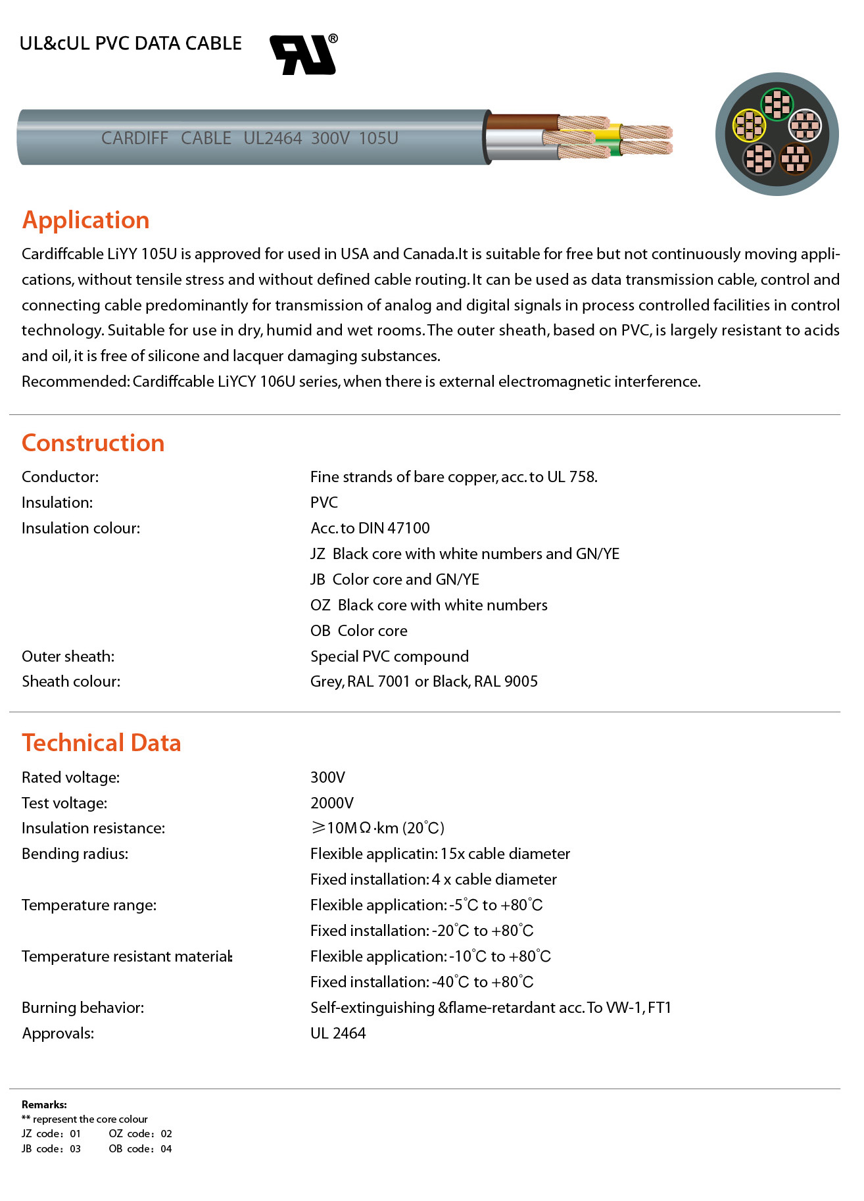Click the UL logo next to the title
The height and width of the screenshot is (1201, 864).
[x=304, y=55]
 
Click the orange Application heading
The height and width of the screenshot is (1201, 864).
[x=86, y=220]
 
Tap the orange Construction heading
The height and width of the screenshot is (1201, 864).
[x=93, y=443]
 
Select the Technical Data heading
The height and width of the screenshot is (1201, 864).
[x=101, y=743]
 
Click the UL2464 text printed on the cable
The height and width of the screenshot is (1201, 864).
[x=272, y=138]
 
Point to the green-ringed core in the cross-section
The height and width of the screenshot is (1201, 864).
[x=777, y=104]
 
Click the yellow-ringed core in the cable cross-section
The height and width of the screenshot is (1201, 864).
[x=749, y=125]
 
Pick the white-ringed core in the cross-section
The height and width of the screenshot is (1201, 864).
[x=804, y=125]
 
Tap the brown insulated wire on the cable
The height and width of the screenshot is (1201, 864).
[x=523, y=122]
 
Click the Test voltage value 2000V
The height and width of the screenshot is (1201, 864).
[x=331, y=803]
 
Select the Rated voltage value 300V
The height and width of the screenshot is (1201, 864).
[x=327, y=777]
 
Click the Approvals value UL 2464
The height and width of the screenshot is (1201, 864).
[x=338, y=1033]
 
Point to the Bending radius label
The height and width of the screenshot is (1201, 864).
[x=75, y=854]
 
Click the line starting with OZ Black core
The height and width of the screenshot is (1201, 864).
[x=429, y=605]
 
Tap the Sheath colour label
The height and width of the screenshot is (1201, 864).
[x=71, y=681]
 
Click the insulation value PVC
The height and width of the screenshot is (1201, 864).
[x=324, y=502]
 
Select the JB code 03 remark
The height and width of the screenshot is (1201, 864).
[x=51, y=1148]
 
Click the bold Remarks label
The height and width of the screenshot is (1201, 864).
[x=44, y=1104]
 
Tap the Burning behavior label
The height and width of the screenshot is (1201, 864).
[x=83, y=1008]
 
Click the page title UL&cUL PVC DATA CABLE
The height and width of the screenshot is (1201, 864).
[x=131, y=43]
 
